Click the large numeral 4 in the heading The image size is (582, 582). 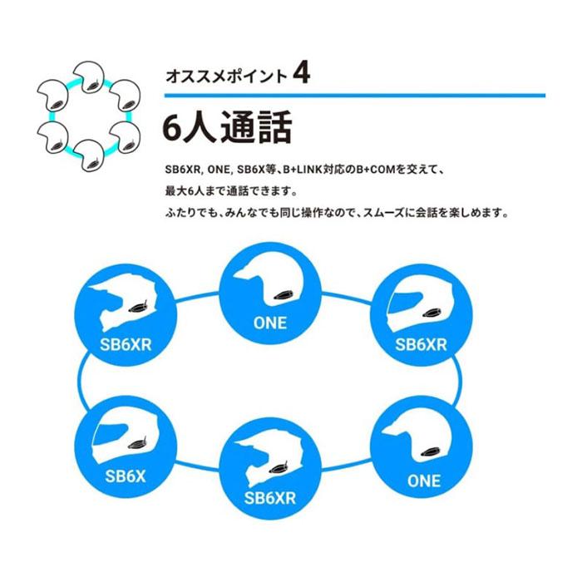(x=301, y=73)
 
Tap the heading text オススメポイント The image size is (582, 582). (x=226, y=76)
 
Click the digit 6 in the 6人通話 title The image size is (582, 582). (x=171, y=128)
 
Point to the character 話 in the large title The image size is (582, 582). (x=274, y=128)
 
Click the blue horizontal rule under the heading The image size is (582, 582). (x=355, y=96)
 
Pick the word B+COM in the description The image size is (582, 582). (x=375, y=170)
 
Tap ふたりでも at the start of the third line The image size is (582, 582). (x=190, y=213)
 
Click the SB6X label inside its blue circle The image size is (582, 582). (x=126, y=476)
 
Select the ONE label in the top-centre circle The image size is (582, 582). (x=270, y=323)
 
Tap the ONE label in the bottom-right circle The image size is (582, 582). (x=424, y=481)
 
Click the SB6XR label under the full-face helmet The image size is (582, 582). (x=421, y=345)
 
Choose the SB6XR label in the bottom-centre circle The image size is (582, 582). (x=270, y=498)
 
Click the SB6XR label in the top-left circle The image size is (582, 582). (x=126, y=345)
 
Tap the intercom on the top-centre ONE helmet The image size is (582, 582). (x=284, y=295)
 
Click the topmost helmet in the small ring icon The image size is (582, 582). (x=88, y=77)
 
